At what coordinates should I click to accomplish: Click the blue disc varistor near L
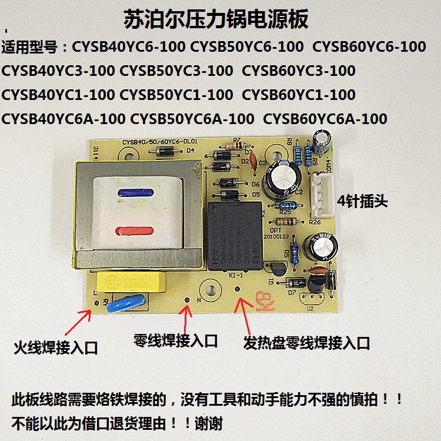coord(126,303)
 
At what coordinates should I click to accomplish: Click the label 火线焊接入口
coord(55,348)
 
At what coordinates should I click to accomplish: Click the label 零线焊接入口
coord(176,340)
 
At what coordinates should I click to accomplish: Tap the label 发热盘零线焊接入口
coord(306,342)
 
